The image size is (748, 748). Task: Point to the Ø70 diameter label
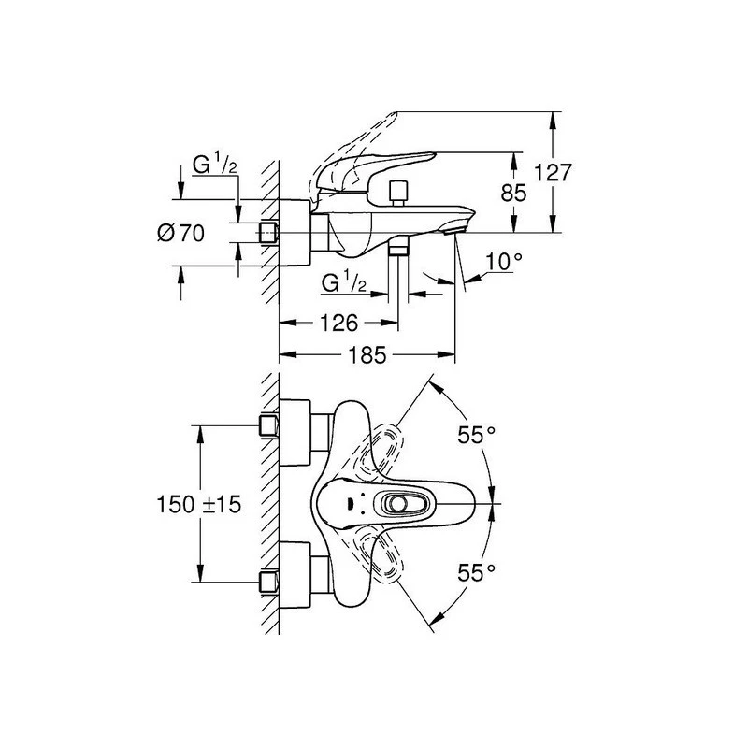(180, 233)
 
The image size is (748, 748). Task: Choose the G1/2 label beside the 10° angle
(342, 282)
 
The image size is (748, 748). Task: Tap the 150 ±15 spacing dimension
(199, 504)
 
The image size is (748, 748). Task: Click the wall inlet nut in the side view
(269, 232)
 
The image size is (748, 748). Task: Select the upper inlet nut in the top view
(268, 425)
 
